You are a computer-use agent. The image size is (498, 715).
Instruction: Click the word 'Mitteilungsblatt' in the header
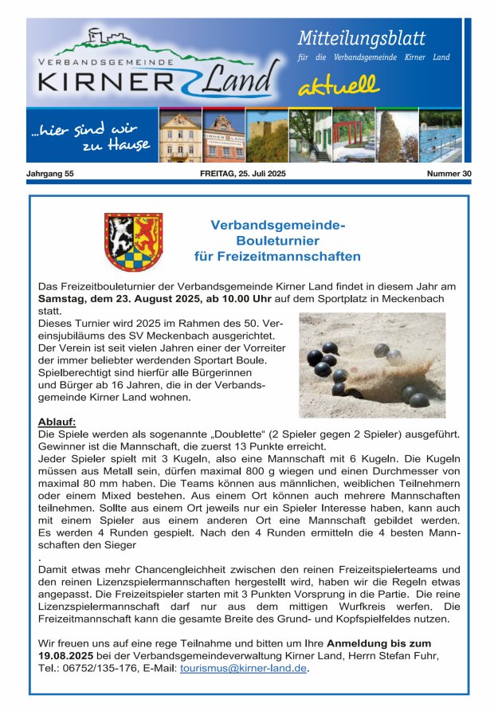[x=362, y=38]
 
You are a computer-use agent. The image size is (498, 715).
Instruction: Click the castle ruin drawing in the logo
[x=105, y=37]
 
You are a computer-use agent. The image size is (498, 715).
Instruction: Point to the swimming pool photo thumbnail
[x=440, y=136]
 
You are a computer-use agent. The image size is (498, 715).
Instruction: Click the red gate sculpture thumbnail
[x=353, y=136]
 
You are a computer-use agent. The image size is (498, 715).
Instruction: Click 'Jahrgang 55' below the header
[x=50, y=173]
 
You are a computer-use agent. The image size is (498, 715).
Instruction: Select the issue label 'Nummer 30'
[x=449, y=173]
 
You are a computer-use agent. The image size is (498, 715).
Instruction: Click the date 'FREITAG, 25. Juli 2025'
[x=243, y=173]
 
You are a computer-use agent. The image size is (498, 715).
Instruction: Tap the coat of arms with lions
[x=134, y=242]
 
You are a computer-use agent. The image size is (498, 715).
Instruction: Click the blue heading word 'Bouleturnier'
[x=277, y=240]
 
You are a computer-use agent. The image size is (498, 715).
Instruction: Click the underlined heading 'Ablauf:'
[x=57, y=421]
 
